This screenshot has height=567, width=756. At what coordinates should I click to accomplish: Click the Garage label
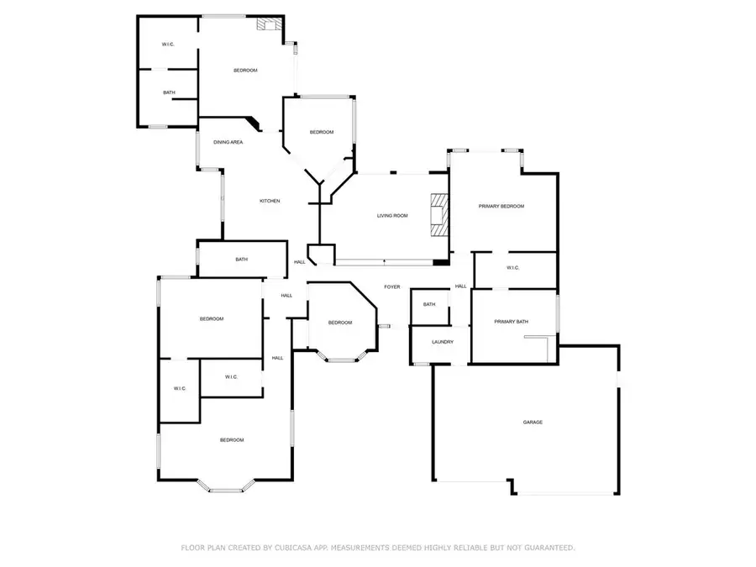click(x=533, y=422)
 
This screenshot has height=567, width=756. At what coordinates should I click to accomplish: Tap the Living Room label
click(x=391, y=216)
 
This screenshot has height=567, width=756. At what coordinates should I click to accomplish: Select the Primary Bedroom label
click(x=501, y=206)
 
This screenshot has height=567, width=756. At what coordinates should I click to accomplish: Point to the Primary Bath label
click(x=511, y=322)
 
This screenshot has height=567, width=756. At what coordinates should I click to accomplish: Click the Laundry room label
click(x=443, y=342)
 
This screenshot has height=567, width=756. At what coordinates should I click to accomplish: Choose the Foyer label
click(x=392, y=287)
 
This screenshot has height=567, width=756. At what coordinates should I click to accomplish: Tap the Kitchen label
click(x=270, y=201)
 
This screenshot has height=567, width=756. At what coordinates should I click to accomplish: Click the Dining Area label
click(x=228, y=142)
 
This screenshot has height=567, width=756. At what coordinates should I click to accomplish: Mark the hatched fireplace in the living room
click(x=439, y=217)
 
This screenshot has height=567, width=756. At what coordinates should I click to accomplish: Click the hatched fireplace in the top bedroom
click(x=270, y=25)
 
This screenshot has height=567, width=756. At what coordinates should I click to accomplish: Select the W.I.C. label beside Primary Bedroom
click(x=513, y=268)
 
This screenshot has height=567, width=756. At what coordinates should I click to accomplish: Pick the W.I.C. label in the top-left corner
click(x=168, y=44)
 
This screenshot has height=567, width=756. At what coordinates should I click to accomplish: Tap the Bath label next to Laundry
click(x=429, y=304)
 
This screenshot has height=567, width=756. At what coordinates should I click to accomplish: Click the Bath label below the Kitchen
click(x=242, y=260)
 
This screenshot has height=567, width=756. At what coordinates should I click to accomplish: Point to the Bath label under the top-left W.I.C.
click(x=169, y=92)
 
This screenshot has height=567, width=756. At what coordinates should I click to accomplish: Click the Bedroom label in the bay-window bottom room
click(x=232, y=440)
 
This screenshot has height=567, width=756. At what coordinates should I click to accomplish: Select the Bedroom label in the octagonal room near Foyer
click(x=340, y=323)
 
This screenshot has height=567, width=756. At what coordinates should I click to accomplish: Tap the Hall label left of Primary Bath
click(x=460, y=286)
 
